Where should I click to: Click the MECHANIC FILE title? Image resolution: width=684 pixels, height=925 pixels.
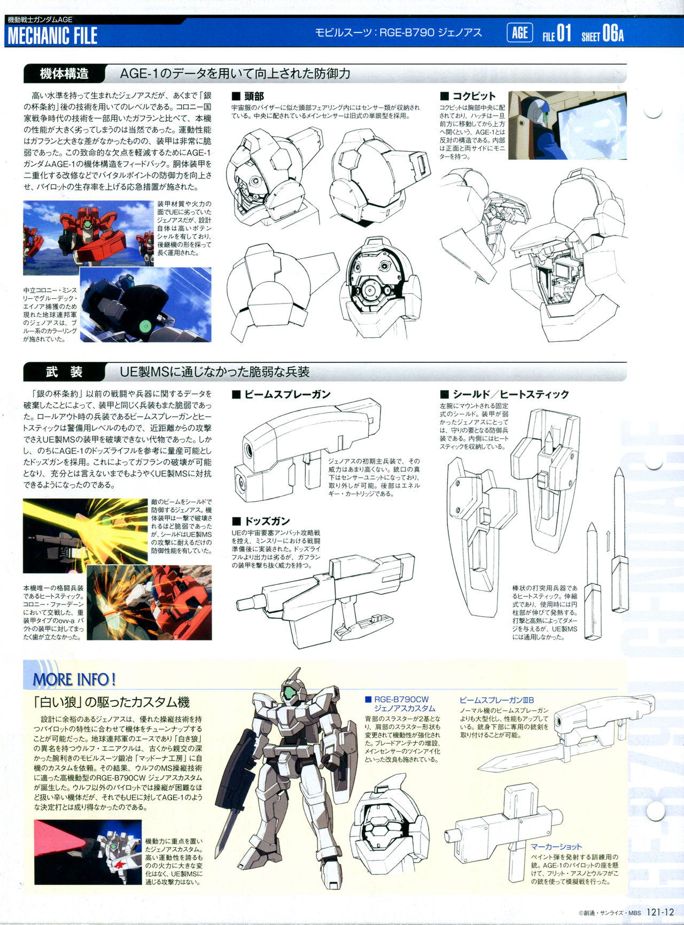coord(52,36)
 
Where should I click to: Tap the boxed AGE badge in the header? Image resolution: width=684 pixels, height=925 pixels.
coord(519,33)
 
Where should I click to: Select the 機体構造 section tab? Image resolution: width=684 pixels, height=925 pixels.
coord(64,74)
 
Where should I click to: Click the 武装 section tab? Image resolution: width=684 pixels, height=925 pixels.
coord(64,372)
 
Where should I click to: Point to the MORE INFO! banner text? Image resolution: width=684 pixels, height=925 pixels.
coord(74,679)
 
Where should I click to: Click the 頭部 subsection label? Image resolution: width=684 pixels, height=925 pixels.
coord(248,96)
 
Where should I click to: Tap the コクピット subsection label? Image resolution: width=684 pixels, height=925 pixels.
coord(468,96)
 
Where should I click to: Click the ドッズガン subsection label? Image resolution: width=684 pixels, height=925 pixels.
coord(261,521)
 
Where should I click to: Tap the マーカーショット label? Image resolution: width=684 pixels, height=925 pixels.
coord(556,846)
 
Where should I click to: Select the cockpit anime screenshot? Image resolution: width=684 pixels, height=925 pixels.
coord(568,126)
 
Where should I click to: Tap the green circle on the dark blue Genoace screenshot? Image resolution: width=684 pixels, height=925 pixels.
coord(143,325)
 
